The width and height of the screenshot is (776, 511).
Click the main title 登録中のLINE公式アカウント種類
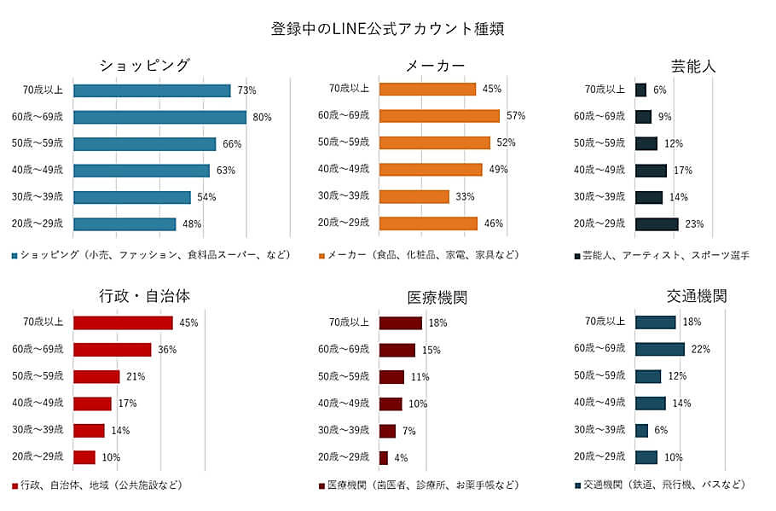point(388,28)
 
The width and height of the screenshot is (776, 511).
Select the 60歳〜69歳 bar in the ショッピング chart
point(159,117)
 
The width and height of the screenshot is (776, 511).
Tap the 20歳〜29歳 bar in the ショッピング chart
point(125,224)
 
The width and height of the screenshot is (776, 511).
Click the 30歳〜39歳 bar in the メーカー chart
point(414,196)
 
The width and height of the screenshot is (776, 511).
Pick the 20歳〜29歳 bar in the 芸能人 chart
point(657,224)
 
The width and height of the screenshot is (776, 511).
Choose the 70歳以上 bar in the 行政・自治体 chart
point(123,322)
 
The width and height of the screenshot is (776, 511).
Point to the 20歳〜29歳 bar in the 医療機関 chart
point(384,458)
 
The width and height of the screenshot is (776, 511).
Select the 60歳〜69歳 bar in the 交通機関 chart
point(660,349)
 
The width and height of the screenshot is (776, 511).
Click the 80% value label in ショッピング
point(262,117)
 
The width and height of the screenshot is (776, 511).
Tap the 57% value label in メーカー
point(516,116)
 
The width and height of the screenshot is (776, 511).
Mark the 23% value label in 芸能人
point(694,224)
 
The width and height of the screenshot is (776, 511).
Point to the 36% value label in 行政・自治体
point(167,350)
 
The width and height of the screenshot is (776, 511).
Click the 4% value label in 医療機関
point(401,458)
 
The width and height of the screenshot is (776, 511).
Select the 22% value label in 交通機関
point(701,349)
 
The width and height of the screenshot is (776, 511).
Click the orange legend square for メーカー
point(322,255)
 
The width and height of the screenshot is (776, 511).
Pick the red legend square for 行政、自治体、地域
point(15,485)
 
